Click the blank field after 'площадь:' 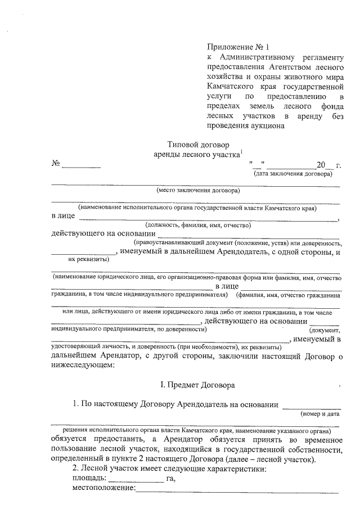point(136,479)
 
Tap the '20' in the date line point(321,165)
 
